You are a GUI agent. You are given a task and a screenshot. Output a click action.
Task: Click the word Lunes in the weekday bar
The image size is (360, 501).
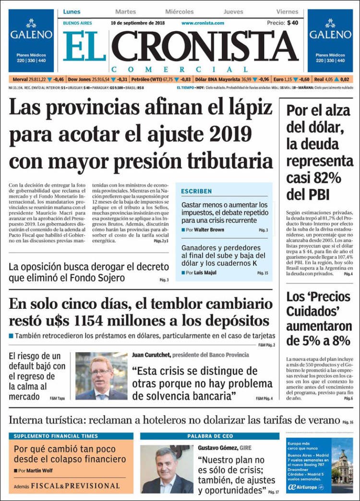[72, 12]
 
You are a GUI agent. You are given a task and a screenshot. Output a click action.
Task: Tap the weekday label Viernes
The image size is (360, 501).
[287, 12]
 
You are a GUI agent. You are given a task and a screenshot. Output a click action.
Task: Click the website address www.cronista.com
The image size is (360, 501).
[203, 23]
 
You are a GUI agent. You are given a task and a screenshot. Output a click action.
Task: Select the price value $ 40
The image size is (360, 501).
[293, 23]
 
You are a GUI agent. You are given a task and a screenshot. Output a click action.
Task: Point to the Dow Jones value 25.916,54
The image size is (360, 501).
[101, 79]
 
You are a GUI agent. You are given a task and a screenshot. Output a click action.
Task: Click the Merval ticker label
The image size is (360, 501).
[20, 79]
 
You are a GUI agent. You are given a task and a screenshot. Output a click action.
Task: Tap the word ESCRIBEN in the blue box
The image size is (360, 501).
[196, 191]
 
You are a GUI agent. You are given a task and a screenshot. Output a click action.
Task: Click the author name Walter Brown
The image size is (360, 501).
[209, 230]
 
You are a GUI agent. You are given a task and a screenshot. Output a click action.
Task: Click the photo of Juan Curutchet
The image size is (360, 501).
[101, 376]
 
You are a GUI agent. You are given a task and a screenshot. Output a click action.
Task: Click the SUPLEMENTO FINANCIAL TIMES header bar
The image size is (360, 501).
[71, 436]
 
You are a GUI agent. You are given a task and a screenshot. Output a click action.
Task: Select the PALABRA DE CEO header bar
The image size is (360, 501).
[209, 436]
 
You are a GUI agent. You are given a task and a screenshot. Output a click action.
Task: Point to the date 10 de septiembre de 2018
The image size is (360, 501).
[138, 23]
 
